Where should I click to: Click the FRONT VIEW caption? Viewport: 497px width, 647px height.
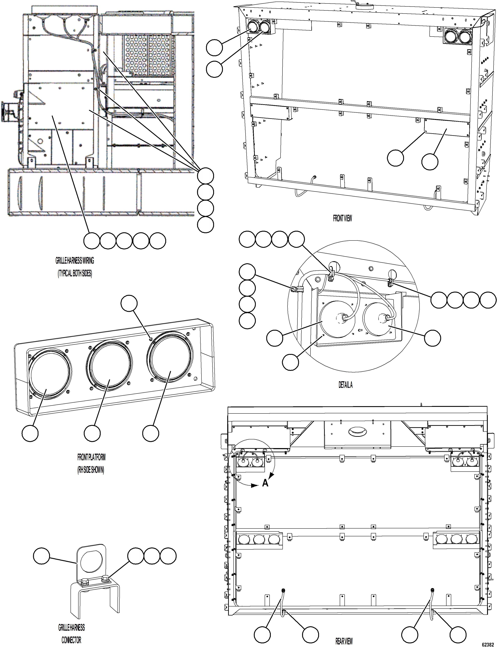(342, 218)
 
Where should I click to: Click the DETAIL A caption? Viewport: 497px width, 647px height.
(345, 385)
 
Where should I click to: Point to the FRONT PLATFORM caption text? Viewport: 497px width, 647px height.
(91, 457)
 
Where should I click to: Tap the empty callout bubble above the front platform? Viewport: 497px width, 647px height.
(129, 303)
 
